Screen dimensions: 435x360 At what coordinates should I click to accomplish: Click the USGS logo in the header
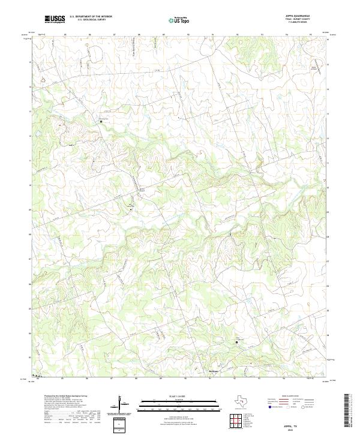(55, 20)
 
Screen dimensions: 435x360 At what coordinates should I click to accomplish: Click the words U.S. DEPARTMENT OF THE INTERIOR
(91, 17)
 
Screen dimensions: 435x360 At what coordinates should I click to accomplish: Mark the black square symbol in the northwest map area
(101, 121)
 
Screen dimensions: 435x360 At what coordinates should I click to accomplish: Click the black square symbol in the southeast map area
(237, 343)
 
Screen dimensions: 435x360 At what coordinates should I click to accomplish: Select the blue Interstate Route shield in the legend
(263, 406)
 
